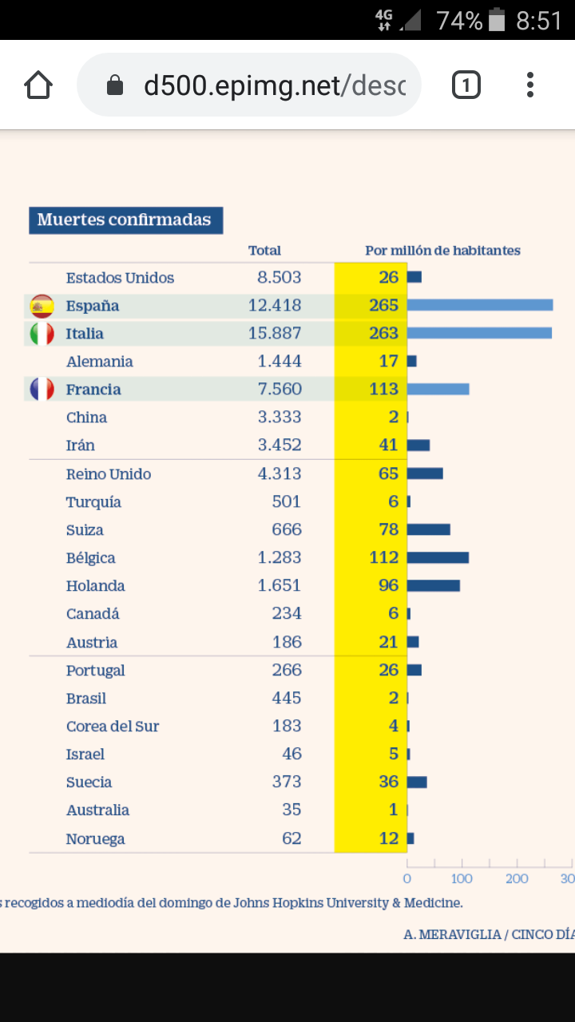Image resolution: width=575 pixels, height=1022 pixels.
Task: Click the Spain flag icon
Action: click(42, 306)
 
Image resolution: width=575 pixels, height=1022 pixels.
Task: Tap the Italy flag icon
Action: click(42, 334)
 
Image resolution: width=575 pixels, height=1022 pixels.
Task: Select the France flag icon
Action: click(42, 390)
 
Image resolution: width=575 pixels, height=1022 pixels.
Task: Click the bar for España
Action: click(479, 305)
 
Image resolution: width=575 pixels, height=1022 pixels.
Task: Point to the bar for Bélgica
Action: click(438, 557)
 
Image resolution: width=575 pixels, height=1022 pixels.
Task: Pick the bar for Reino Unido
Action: click(425, 473)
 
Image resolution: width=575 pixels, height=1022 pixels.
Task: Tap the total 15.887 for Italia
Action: click(275, 333)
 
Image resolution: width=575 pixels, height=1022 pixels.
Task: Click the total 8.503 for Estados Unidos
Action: click(279, 277)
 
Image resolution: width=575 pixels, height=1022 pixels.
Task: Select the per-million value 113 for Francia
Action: click(383, 389)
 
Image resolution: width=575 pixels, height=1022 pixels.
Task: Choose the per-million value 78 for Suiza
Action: click(388, 529)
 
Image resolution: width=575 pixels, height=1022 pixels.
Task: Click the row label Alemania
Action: click(99, 362)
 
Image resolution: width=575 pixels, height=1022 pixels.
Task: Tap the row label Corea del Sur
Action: click(112, 727)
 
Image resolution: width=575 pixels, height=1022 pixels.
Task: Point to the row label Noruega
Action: click(95, 838)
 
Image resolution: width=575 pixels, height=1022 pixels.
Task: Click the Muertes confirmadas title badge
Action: click(125, 220)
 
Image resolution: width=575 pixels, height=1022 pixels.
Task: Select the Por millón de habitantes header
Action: click(442, 251)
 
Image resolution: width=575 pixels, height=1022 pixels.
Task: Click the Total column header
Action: click(264, 251)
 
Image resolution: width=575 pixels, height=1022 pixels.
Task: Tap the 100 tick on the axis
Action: click(462, 879)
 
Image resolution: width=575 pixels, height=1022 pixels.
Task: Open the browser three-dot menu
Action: click(530, 85)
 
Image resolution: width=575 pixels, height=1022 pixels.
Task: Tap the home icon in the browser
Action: click(38, 85)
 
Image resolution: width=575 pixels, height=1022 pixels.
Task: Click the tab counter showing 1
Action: click(466, 85)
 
